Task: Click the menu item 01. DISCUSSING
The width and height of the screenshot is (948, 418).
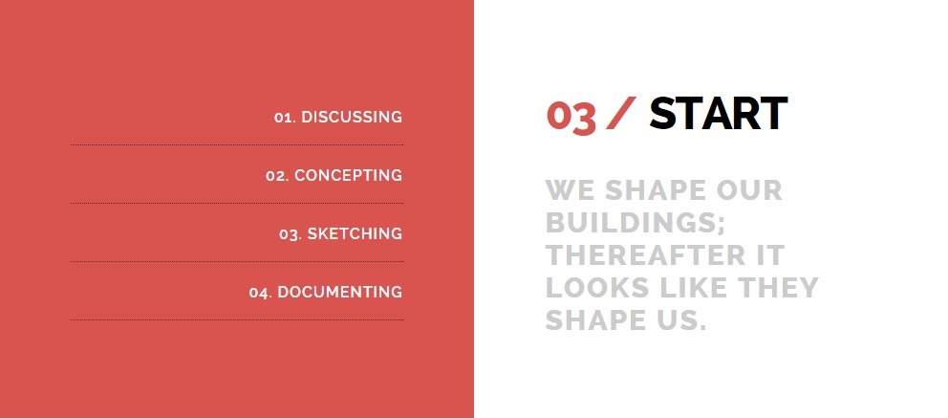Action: click(x=338, y=117)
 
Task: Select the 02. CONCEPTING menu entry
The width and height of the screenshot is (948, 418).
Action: click(x=334, y=175)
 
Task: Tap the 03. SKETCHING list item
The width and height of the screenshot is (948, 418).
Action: click(x=340, y=233)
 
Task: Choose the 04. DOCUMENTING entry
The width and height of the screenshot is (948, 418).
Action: click(x=325, y=292)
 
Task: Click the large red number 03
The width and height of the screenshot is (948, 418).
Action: click(x=571, y=116)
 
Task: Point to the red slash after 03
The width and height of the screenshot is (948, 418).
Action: click(x=621, y=113)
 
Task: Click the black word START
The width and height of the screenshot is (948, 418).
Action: click(x=719, y=113)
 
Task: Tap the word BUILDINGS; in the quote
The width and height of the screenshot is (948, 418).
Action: click(x=636, y=223)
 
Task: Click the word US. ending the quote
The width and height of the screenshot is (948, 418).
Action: click(x=682, y=320)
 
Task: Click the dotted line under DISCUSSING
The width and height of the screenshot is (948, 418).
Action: click(x=237, y=145)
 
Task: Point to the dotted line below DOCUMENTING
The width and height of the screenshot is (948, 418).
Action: click(x=237, y=320)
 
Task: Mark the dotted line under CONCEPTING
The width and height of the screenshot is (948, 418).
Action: click(x=237, y=203)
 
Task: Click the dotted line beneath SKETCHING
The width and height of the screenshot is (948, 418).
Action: click(x=237, y=262)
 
